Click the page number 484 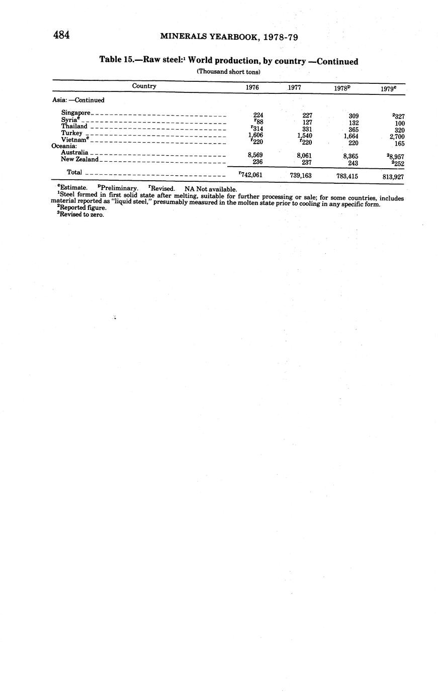tap(61, 35)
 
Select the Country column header tap(144, 86)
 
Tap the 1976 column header tap(252, 87)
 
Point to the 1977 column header tap(295, 87)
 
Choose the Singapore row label tap(75, 113)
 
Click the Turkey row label tap(71, 133)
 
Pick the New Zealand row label tap(79, 159)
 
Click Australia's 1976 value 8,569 tap(255, 155)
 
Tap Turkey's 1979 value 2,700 tap(397, 137)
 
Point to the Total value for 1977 tap(301, 176)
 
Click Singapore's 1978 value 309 tap(353, 116)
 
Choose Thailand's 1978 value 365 tap(353, 130)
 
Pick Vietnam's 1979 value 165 tap(399, 144)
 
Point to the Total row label tap(74, 172)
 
